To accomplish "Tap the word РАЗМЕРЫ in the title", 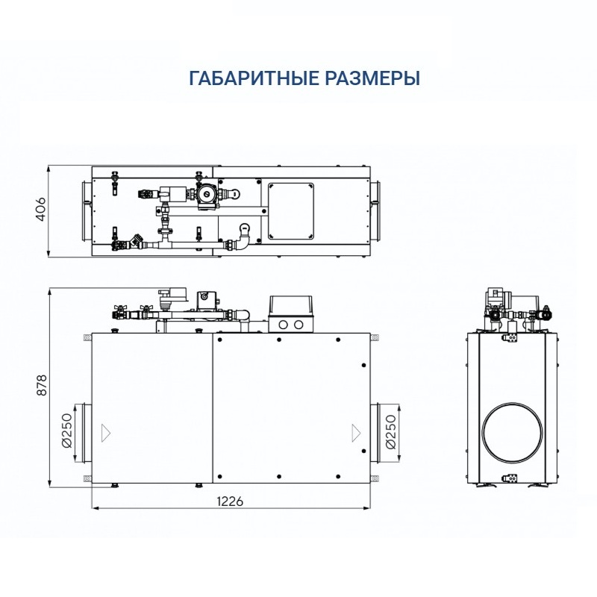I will coord(370,78).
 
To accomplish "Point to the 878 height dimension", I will coord(41,385).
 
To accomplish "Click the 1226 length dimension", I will coord(231,501).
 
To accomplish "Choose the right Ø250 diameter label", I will coord(390,432).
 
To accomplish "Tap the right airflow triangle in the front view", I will coord(355,431).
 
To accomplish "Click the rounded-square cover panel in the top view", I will coord(292,210).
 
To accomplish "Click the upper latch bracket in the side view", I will coord(513,338).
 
